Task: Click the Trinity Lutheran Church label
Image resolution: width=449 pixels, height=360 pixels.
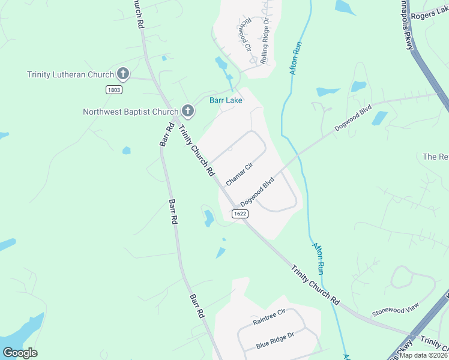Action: coord(70,75)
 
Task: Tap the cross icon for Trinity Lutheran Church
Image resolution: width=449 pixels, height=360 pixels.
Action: coord(122,74)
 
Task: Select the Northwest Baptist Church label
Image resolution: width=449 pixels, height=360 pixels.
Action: coord(130,112)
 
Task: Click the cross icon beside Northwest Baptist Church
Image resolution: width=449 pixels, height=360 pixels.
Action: coord(187,110)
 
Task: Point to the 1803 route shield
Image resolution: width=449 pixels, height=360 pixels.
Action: coord(114,89)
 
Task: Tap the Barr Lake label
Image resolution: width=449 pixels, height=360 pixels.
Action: coord(226,100)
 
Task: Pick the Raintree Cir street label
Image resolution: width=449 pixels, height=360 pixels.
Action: coord(270,317)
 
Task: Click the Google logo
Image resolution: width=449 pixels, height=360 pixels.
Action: coord(20,353)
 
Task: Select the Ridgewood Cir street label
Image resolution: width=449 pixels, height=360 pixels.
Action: coord(245,35)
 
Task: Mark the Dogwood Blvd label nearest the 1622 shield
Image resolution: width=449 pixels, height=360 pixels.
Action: coord(258,191)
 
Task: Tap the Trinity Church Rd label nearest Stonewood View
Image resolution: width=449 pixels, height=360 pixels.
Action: coord(316,286)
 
